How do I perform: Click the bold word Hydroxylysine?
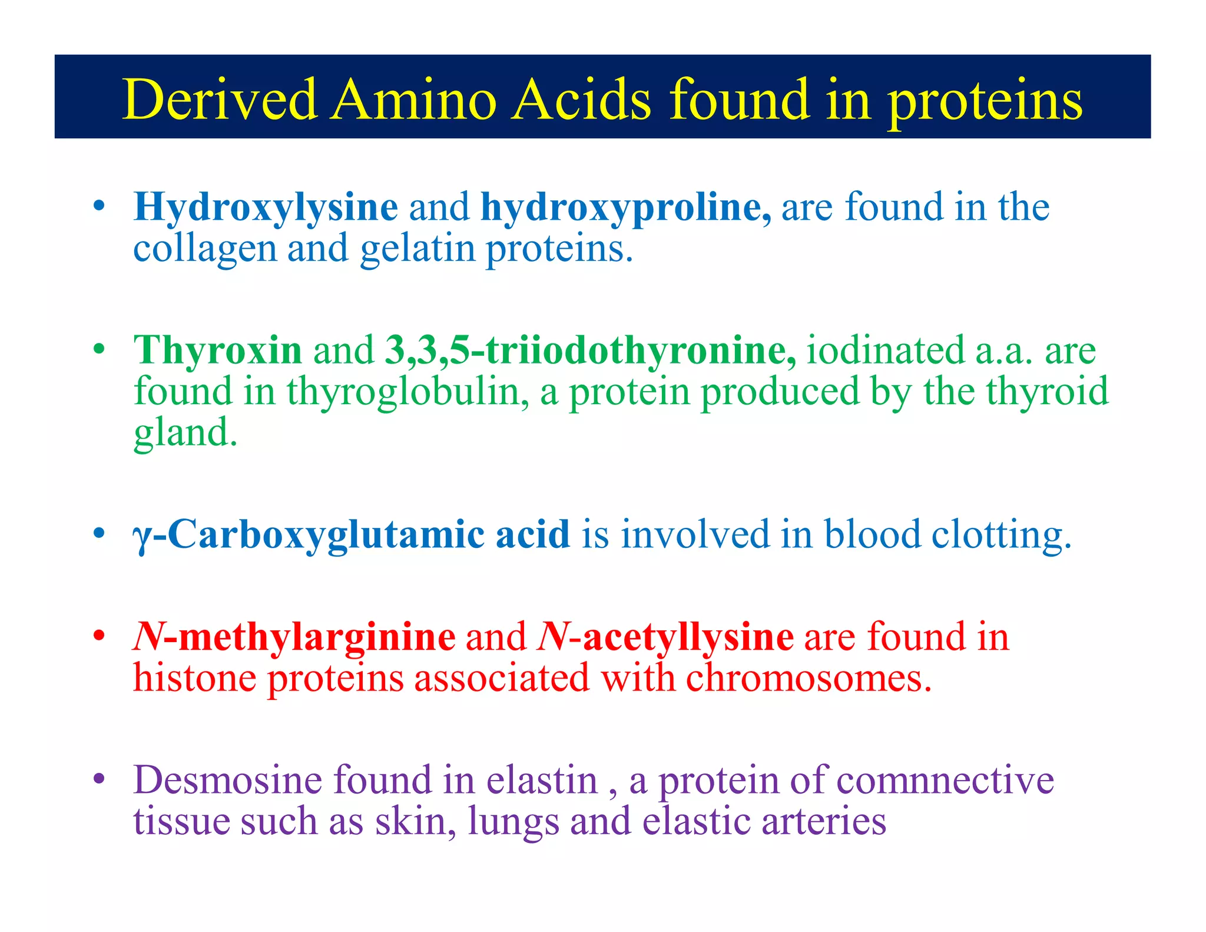coord(266,207)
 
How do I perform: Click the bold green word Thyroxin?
coord(218,350)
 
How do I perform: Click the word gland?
coord(185,433)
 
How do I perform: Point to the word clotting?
coord(1001,535)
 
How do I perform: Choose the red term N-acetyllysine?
coord(665,637)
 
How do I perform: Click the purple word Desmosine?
coord(227,780)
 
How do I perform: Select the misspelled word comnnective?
coord(945,780)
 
